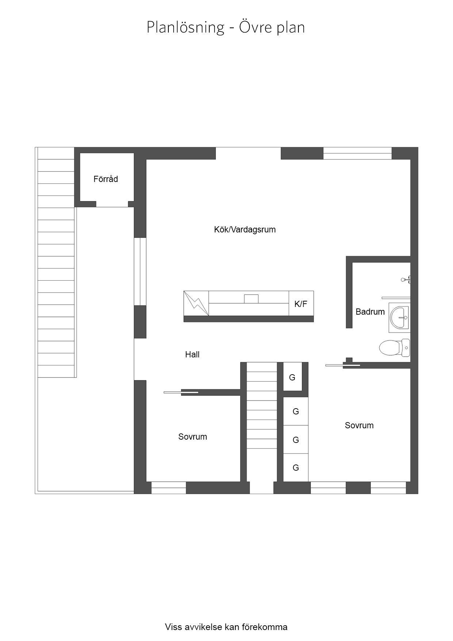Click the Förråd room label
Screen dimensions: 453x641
[106, 179]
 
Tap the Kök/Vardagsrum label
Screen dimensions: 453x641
[245, 230]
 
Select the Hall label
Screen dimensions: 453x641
[192, 354]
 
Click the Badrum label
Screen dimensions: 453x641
[370, 312]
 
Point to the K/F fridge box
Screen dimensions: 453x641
[301, 303]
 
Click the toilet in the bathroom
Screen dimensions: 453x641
[395, 348]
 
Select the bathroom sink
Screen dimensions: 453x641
[399, 317]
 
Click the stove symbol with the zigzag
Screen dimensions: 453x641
[196, 303]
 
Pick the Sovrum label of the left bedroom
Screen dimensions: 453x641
[193, 437]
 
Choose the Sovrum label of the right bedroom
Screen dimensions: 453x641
[359, 425]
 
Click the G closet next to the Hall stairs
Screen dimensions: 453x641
[293, 377]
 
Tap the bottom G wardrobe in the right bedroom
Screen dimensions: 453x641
[296, 467]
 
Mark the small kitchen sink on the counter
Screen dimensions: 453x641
[251, 299]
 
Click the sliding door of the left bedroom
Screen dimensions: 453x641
[181, 392]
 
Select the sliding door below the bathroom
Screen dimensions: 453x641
[343, 365]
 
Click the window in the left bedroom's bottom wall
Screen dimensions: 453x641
[169, 488]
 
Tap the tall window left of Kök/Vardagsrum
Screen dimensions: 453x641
[140, 272]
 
